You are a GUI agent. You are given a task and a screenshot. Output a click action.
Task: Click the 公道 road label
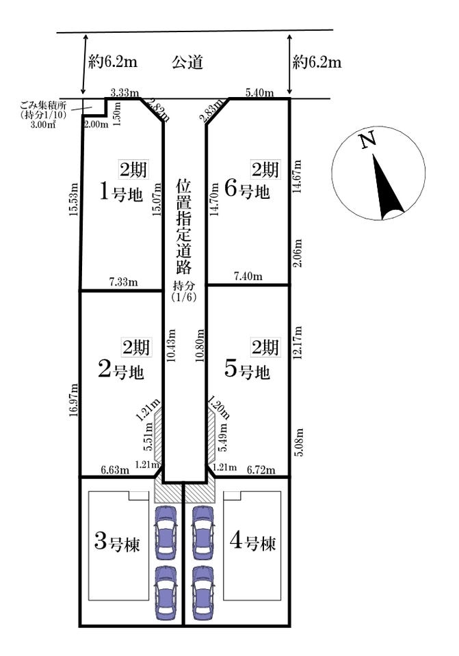[187, 62]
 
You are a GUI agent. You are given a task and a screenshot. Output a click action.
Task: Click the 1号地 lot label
[121, 193]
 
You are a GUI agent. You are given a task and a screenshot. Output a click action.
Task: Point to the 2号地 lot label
[121, 370]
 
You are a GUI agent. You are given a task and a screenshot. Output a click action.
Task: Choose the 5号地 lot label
[247, 370]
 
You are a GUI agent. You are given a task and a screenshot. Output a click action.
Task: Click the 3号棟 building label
[117, 543]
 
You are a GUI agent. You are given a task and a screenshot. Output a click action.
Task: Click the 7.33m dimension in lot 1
[124, 282]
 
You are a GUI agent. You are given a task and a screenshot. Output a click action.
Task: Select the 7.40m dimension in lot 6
[248, 277]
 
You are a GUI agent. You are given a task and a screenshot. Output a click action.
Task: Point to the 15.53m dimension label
[74, 200]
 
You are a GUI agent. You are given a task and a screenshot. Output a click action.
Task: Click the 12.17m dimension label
[298, 343]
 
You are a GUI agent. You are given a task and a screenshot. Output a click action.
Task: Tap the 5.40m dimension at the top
[260, 92]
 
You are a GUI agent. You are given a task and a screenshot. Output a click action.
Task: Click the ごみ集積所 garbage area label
[43, 105]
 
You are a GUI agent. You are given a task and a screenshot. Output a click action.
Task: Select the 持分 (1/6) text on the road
[184, 292]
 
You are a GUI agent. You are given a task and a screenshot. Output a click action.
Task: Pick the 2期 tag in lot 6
[265, 169]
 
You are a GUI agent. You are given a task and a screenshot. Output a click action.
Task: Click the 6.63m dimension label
[115, 470]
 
